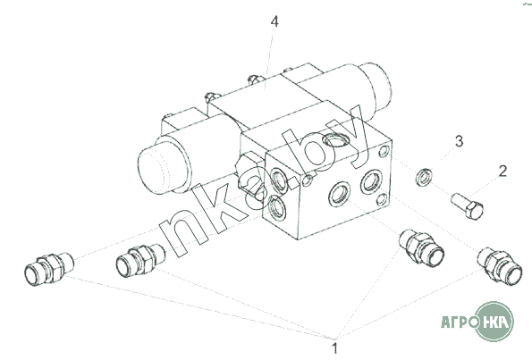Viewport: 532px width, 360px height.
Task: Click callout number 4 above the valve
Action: point(274,21)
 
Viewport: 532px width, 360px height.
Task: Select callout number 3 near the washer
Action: point(459,141)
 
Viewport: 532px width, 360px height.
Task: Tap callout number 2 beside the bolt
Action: point(502,172)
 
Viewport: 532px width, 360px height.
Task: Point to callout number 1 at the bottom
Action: point(334,348)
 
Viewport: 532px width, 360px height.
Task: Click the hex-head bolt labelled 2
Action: point(468,205)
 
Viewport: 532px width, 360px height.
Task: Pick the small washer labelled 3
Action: point(425,177)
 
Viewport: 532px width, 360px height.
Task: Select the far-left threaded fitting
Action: point(48,269)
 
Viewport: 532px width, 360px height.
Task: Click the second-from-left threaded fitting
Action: point(140,260)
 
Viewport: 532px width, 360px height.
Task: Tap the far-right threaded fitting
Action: point(500,266)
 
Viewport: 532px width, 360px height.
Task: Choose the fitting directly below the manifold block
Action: point(421,247)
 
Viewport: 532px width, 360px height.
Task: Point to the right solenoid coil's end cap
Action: point(376,86)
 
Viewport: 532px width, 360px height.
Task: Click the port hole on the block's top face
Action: point(335,139)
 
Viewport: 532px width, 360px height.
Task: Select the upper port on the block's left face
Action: point(279,180)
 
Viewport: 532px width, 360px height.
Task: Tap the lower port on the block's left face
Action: point(276,208)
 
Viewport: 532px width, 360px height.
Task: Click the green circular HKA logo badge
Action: point(494,321)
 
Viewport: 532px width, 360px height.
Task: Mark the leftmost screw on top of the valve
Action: point(210,97)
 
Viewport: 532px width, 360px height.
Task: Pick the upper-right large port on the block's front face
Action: point(372,182)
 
